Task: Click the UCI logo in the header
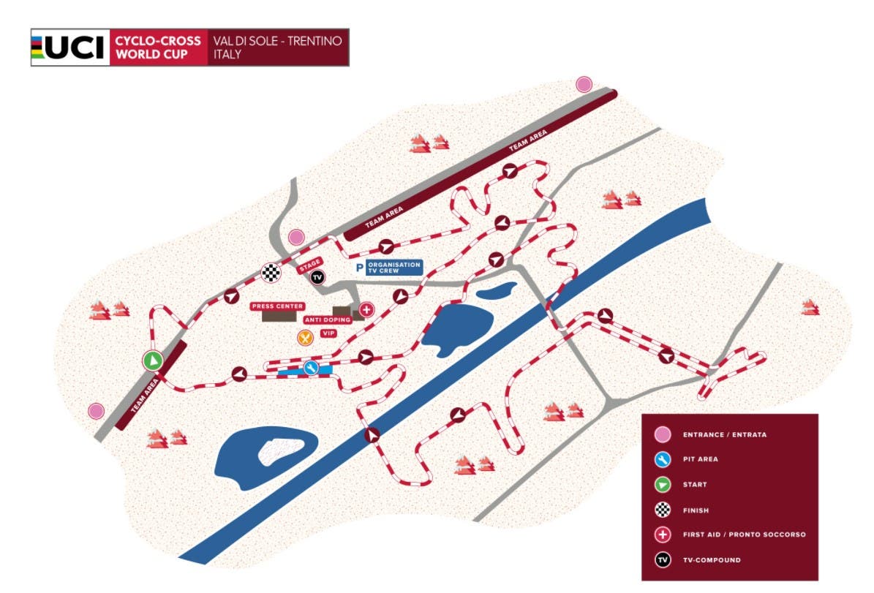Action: [69, 48]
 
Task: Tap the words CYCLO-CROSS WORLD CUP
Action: [158, 48]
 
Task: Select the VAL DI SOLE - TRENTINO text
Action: [277, 41]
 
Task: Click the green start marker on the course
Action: [152, 360]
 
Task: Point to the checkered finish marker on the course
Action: [271, 273]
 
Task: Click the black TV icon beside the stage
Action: [317, 277]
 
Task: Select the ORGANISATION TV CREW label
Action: [394, 267]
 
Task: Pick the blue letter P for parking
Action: [359, 268]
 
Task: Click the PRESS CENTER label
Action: [277, 306]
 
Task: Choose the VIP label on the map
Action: [328, 333]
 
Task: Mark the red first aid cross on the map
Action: [367, 310]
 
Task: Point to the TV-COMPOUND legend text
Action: [711, 560]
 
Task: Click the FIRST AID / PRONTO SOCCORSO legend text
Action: [743, 535]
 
